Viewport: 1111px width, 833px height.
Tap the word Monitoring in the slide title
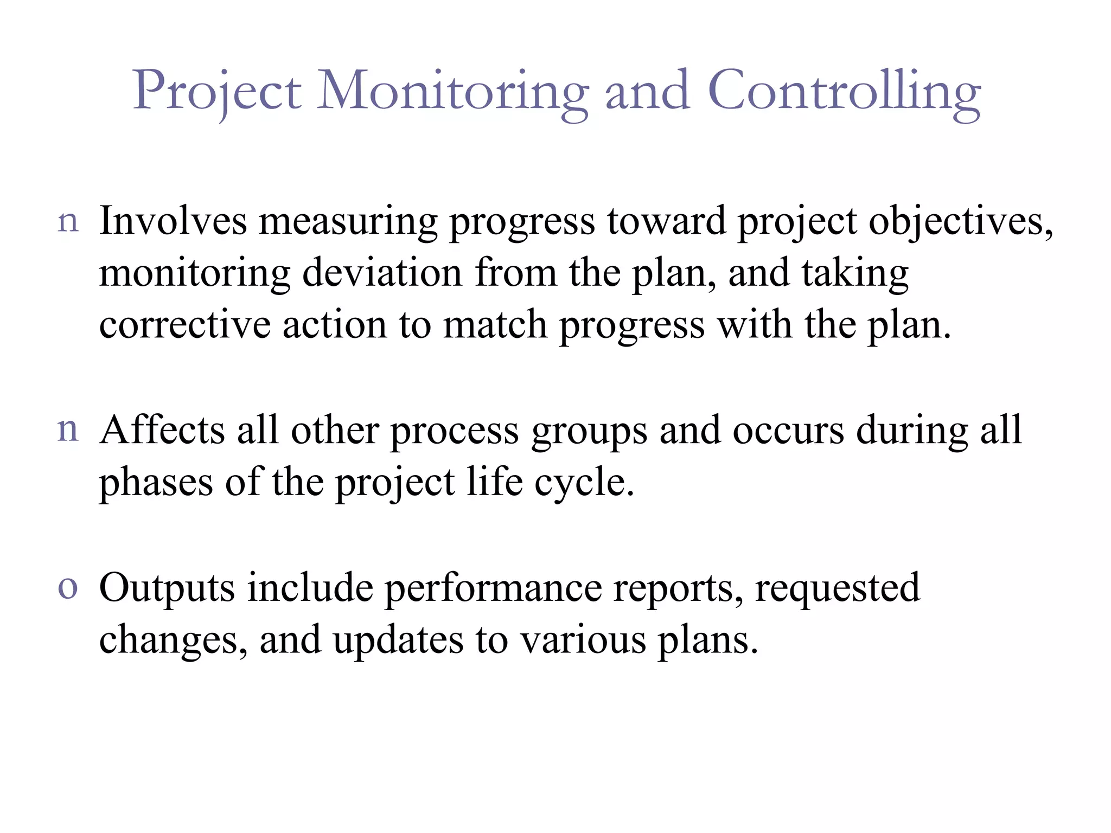tap(452, 92)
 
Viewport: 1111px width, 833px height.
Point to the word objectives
tap(960, 222)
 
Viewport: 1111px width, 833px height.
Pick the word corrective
tap(184, 324)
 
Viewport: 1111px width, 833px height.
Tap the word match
tap(495, 324)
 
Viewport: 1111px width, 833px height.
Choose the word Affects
tap(162, 430)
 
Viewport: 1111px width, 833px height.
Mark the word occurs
tap(788, 431)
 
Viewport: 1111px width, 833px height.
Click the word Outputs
tap(167, 588)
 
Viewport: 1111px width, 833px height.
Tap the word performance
tap(493, 589)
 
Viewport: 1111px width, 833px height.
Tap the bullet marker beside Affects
tap(68, 430)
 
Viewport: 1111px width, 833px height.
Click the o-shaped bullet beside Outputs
tap(68, 588)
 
